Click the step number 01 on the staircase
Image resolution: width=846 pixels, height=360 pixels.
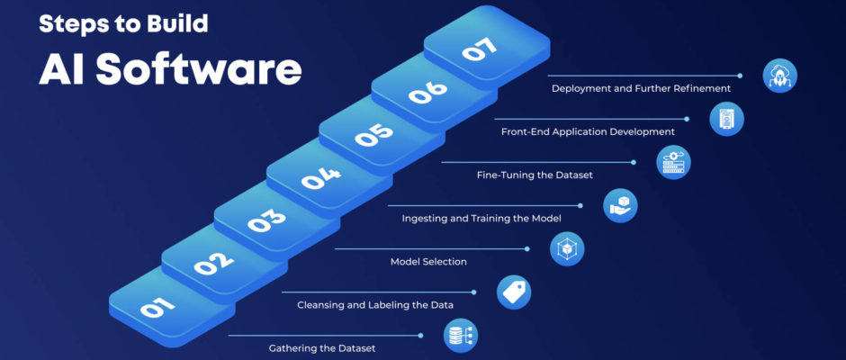coord(157,308)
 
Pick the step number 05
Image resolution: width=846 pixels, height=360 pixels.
coord(373,135)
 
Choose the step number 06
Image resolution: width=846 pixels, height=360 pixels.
coord(426,94)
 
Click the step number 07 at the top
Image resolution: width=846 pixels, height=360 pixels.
coord(478,50)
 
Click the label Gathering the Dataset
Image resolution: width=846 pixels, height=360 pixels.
coord(322,347)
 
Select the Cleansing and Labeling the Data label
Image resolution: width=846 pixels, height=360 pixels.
coord(375,305)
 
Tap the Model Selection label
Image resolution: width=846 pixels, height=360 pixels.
coord(428,261)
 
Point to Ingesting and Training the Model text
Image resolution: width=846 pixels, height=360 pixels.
coord(481,218)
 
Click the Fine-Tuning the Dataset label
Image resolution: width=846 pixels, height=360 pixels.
coord(535,175)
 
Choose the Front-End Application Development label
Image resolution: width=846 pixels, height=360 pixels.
coord(588,131)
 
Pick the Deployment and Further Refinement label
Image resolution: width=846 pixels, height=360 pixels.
coord(641,88)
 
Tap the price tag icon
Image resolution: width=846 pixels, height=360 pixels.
coord(515,292)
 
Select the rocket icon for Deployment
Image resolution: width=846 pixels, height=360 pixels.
coord(779,76)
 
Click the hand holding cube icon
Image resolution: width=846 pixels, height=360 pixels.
coord(621,204)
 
